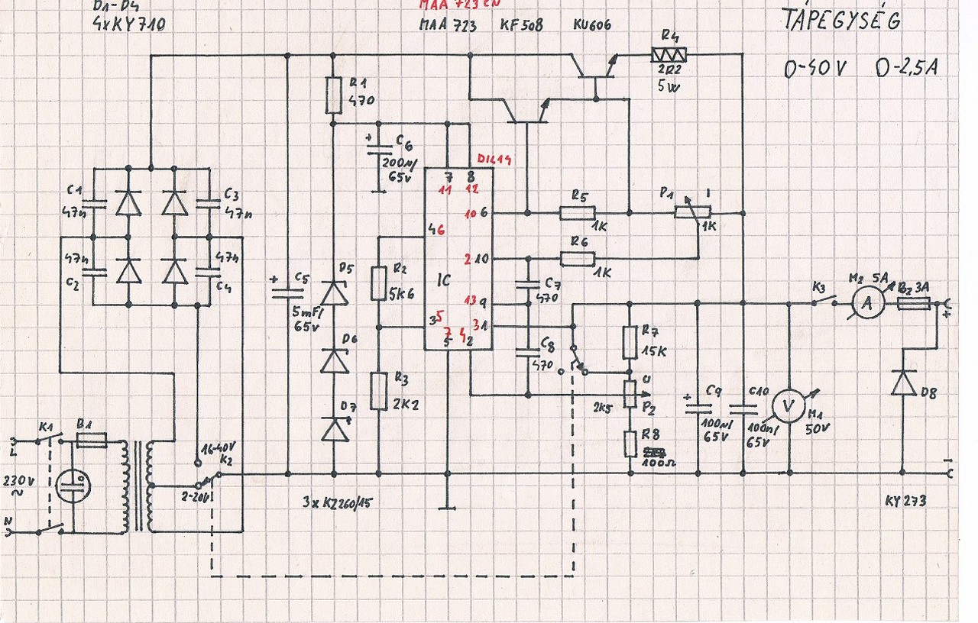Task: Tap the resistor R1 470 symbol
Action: pyautogui.click(x=333, y=93)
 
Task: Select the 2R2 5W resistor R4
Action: pyautogui.click(x=668, y=54)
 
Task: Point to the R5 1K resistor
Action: pyautogui.click(x=577, y=213)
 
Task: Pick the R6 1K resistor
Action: pyautogui.click(x=577, y=259)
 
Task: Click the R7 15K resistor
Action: pyautogui.click(x=630, y=342)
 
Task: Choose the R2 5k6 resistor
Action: pyautogui.click(x=379, y=282)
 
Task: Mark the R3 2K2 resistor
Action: pyautogui.click(x=379, y=391)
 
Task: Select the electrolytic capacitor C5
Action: pyautogui.click(x=287, y=290)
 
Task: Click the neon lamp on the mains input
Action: pyautogui.click(x=74, y=483)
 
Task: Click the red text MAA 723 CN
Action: pyautogui.click(x=459, y=6)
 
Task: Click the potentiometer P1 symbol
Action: pyautogui.click(x=692, y=212)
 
